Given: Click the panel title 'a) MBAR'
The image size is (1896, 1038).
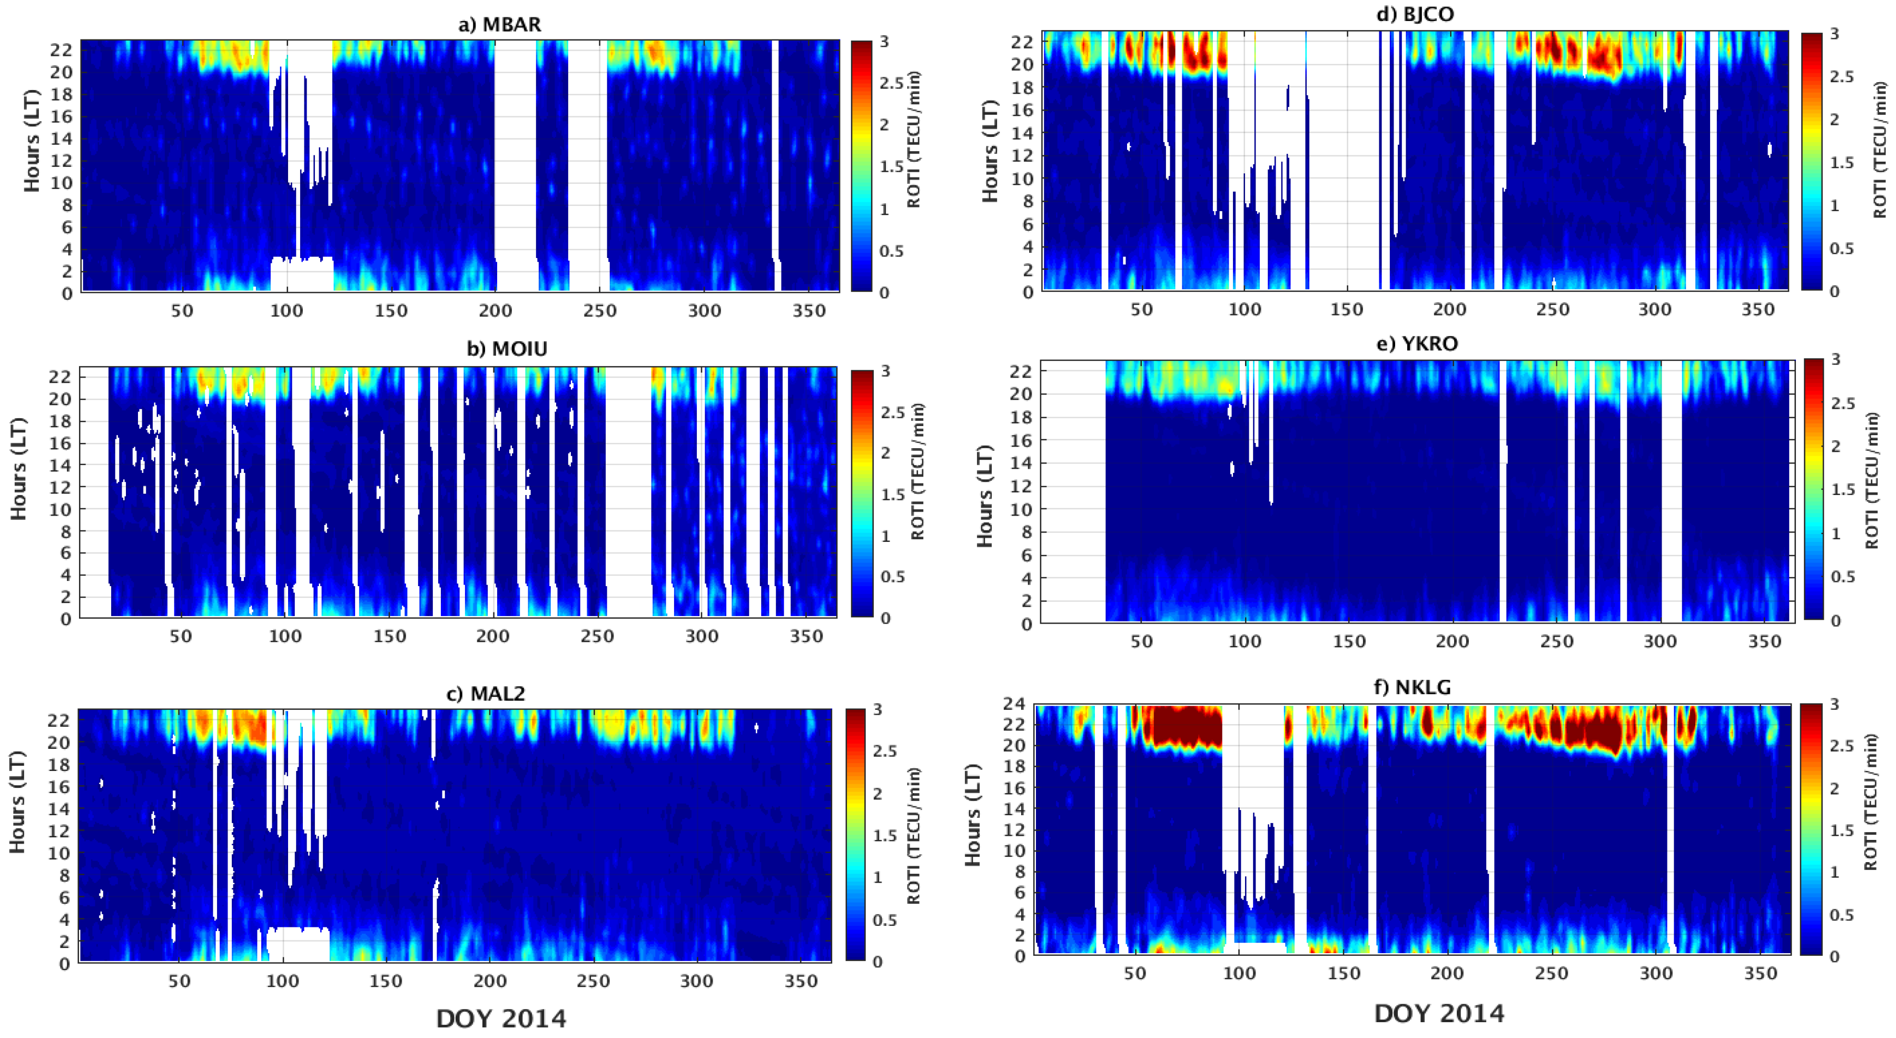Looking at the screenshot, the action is [500, 24].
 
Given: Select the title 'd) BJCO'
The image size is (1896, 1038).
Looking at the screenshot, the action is [1415, 14].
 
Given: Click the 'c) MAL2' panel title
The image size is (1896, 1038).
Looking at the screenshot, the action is [487, 694].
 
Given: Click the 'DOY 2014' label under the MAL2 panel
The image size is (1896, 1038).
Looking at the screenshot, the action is [501, 1019].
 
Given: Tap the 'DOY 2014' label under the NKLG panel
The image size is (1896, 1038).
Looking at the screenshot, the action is [1439, 1014].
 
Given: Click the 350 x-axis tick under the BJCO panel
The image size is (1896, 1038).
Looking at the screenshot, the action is [1757, 310].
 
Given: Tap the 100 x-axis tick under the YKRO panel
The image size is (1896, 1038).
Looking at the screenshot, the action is [1244, 641].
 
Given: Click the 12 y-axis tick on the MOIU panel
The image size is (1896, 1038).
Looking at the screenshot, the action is [61, 487].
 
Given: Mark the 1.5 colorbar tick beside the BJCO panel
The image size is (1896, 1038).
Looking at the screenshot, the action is [1843, 162].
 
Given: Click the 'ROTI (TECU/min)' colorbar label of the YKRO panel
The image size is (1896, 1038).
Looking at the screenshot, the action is [1872, 480].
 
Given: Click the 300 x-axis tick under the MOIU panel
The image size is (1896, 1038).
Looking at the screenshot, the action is [702, 637].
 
